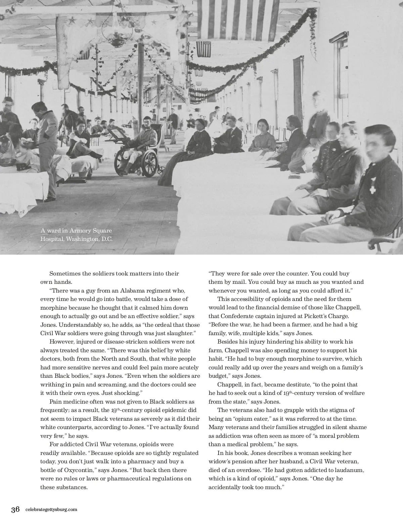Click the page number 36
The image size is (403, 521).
point(15,510)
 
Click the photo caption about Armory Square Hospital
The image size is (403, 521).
point(76,235)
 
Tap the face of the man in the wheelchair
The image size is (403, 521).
point(146,121)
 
